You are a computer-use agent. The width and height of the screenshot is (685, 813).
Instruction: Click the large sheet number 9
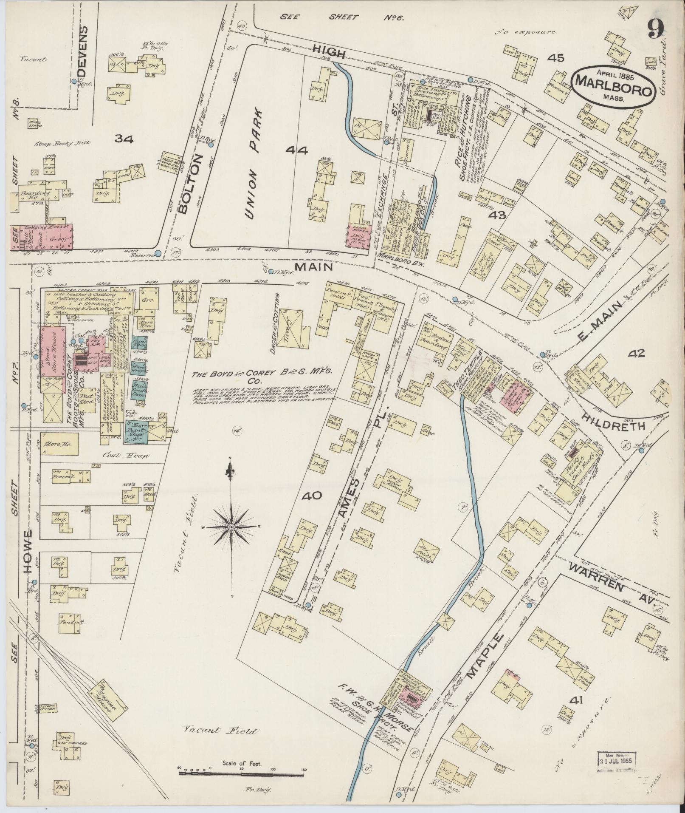click(x=656, y=31)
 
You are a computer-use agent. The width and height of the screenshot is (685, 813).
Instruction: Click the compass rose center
click(x=231, y=527)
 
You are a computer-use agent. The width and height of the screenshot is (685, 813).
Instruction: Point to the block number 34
click(x=124, y=139)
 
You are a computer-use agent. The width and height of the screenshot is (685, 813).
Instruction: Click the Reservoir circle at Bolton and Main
click(x=158, y=253)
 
